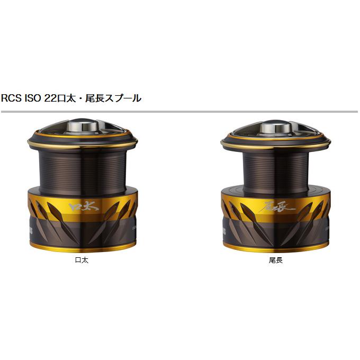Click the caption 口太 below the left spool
point(82,260)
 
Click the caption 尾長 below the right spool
point(276,260)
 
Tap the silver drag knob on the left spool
point(82,128)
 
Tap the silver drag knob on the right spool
point(276,128)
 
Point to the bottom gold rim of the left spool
point(82,248)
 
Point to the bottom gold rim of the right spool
point(276,248)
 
